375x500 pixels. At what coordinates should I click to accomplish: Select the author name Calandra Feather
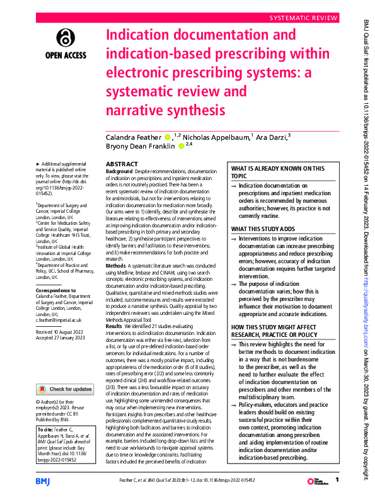click(x=134, y=137)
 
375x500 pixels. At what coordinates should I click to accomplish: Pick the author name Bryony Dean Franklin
click(x=141, y=147)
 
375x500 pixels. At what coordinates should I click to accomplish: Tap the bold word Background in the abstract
click(x=119, y=171)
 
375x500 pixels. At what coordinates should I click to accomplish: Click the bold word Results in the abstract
click(x=114, y=326)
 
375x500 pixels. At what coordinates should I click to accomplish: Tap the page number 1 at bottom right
click(x=337, y=480)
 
